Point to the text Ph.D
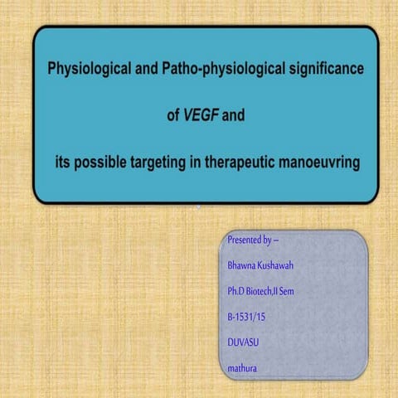point(239,293)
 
